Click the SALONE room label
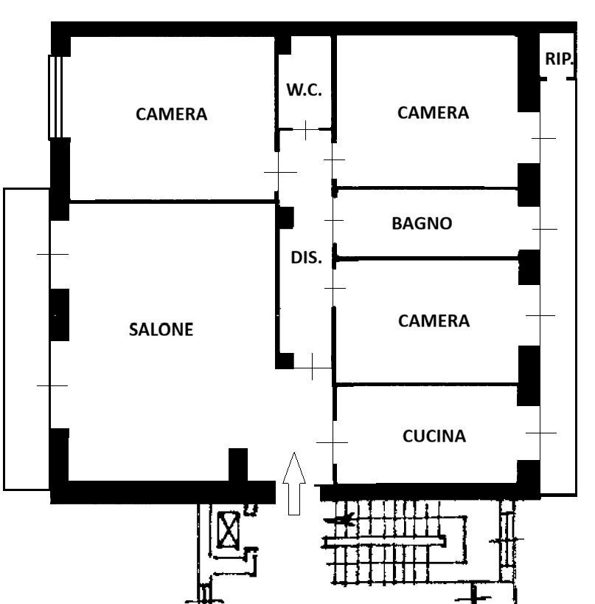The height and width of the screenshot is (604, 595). click(x=161, y=329)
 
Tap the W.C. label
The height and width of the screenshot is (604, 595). click(x=304, y=90)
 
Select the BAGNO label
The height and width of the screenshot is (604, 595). click(x=422, y=223)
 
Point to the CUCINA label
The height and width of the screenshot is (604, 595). click(x=434, y=436)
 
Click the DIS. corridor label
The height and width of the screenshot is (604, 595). click(x=306, y=258)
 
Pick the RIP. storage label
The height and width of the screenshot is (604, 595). click(x=559, y=59)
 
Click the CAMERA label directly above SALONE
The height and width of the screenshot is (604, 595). click(x=171, y=114)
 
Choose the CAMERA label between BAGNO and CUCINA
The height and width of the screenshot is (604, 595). click(x=433, y=321)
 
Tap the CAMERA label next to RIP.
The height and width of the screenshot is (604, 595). click(x=432, y=113)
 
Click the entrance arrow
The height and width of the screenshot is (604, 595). click(x=294, y=484)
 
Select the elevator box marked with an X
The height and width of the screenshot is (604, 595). click(x=227, y=529)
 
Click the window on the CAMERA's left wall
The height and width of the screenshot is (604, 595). click(x=55, y=97)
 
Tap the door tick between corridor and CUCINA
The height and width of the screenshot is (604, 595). click(x=332, y=442)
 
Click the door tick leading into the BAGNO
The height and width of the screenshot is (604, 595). click(x=334, y=220)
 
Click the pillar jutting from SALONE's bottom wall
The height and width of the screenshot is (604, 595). click(x=237, y=465)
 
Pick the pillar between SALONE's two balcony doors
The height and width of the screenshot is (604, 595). click(x=59, y=315)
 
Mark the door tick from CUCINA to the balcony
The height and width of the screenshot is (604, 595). click(x=540, y=433)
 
